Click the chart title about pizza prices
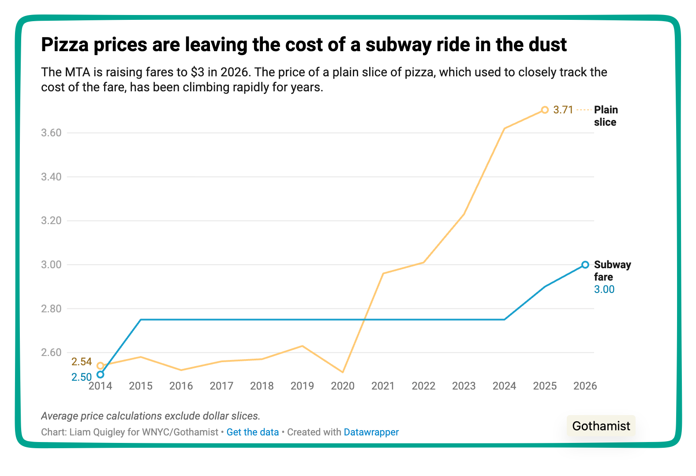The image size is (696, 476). (304, 45)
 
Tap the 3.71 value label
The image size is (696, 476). (563, 110)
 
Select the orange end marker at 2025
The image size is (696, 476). (545, 110)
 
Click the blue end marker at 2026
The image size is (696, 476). (585, 265)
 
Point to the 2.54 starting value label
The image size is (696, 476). (82, 362)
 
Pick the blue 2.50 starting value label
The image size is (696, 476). (82, 377)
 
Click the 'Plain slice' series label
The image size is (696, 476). (606, 116)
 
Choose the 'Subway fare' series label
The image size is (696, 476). (612, 270)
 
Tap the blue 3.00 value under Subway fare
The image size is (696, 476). (604, 289)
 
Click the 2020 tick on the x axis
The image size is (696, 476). (342, 386)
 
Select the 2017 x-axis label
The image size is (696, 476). (221, 386)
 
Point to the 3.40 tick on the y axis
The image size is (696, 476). (51, 177)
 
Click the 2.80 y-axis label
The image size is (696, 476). (51, 309)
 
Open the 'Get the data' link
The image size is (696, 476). (252, 432)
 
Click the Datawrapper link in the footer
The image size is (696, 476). (371, 432)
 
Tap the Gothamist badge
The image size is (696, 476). (601, 426)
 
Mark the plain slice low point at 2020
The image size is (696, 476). (343, 372)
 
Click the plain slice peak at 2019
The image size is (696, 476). (302, 346)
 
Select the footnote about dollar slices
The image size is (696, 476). (150, 416)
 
